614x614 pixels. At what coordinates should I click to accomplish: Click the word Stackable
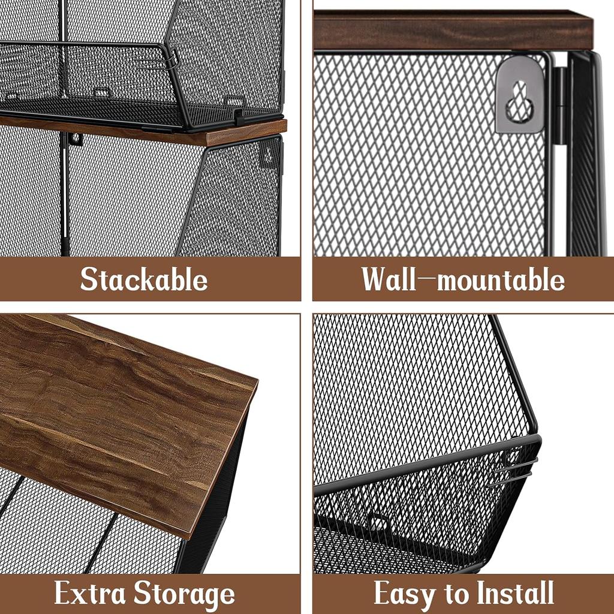144,279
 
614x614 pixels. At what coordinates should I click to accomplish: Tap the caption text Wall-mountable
462,279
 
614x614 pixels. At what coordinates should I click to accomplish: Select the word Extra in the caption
90,594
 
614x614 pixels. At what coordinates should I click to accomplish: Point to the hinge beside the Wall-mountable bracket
558,105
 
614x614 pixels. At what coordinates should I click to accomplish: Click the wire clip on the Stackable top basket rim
172,60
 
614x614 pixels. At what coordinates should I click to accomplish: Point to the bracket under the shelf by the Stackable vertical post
76,139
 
